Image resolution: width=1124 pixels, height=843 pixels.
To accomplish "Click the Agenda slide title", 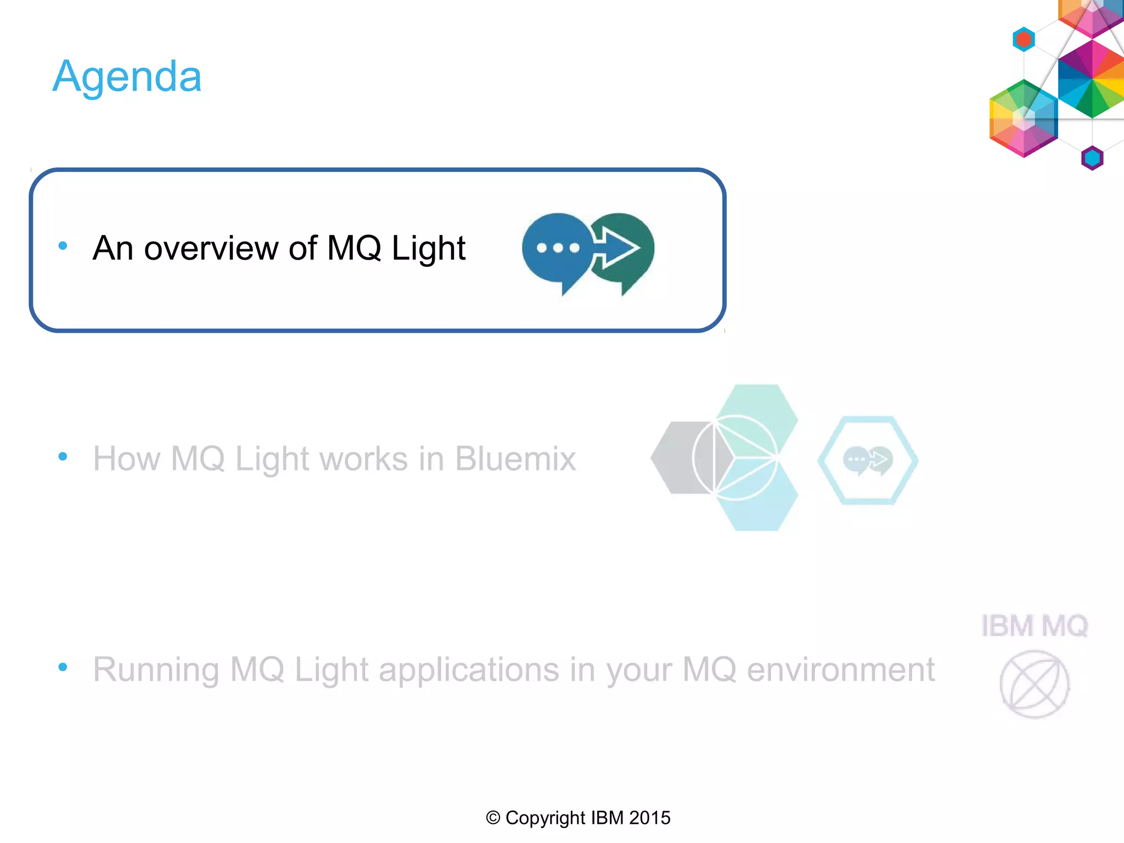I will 127,77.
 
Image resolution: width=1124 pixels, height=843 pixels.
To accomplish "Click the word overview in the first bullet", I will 211,248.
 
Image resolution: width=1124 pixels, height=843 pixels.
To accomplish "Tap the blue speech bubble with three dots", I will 555,248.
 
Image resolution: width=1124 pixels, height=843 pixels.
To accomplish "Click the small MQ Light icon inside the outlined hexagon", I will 868,460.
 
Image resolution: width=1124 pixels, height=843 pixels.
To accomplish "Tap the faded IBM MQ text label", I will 1034,626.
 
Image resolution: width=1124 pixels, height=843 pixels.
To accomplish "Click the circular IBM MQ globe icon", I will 1034,684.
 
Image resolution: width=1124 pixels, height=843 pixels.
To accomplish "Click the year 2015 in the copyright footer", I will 649,818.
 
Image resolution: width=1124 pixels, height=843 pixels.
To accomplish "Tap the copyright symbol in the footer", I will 493,818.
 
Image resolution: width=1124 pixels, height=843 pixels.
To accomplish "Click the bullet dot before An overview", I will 63,246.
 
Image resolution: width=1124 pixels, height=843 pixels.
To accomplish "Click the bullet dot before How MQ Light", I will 63,456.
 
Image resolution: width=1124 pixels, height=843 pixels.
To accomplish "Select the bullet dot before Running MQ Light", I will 63,667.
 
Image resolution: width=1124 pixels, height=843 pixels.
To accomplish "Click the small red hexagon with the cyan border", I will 1024,40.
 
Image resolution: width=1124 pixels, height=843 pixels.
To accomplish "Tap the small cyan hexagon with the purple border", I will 1092,158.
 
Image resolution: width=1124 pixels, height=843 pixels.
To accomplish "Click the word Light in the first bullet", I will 428,248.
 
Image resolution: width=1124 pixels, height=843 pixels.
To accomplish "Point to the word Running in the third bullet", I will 156,670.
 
